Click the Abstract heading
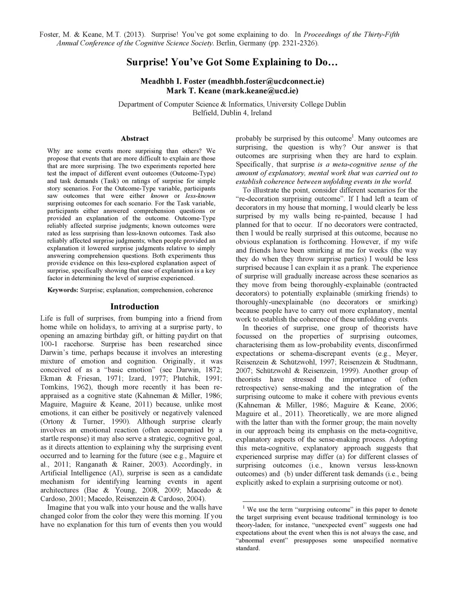pos(135,139)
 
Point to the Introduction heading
pos(135,306)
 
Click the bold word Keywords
pos(63,290)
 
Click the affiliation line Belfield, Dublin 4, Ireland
pos(232,113)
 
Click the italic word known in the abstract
pos(160,196)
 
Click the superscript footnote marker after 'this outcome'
pos(353,136)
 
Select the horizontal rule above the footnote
pos(296,502)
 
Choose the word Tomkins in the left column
pos(54,387)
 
